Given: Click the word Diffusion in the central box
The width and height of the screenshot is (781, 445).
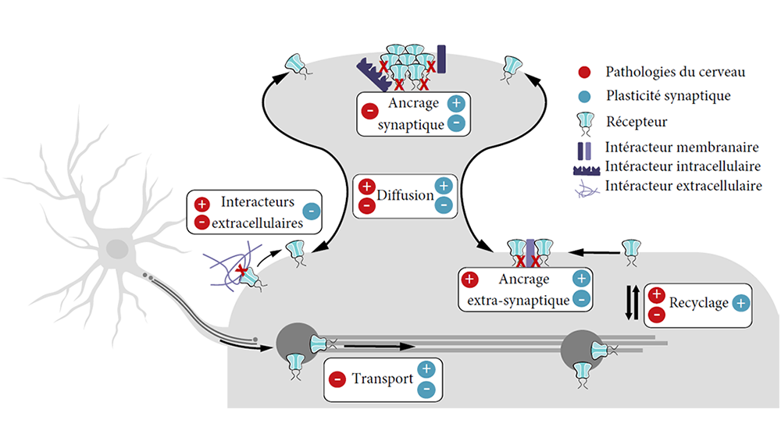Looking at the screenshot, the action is point(405,195).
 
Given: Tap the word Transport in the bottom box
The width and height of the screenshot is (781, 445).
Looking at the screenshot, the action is point(383,379).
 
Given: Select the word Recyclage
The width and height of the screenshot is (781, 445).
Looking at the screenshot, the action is point(698,303).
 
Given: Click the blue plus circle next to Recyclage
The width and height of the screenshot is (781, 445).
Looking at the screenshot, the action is point(740,303).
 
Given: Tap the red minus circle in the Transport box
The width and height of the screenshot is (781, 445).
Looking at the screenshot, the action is point(337,379).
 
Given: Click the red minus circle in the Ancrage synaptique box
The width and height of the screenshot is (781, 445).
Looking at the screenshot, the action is point(369,111).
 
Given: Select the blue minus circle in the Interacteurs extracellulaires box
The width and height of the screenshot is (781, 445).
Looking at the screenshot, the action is point(312,211).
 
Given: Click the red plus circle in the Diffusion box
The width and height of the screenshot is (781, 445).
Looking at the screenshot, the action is point(366,187).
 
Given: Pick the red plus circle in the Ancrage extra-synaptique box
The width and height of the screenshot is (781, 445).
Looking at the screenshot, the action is point(469,279).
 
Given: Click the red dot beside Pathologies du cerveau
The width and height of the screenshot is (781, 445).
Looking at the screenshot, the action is point(584,73).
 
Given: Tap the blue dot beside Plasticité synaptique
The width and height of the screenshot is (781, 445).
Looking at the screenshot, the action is point(584,97).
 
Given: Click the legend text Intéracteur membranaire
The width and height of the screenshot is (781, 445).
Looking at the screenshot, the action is point(681,148).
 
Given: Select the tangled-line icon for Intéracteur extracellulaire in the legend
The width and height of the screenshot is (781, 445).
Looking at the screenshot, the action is point(587,189).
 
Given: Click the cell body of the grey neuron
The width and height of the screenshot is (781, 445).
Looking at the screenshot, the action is point(118,249).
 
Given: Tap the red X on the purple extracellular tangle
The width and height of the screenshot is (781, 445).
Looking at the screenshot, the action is point(242,271).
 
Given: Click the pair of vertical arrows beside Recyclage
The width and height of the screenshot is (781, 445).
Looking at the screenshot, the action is point(632,302).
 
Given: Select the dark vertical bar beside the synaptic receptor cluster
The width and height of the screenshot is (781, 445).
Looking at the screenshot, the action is point(441,59).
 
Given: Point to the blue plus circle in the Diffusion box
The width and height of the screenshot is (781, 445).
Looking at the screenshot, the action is point(444,186).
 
